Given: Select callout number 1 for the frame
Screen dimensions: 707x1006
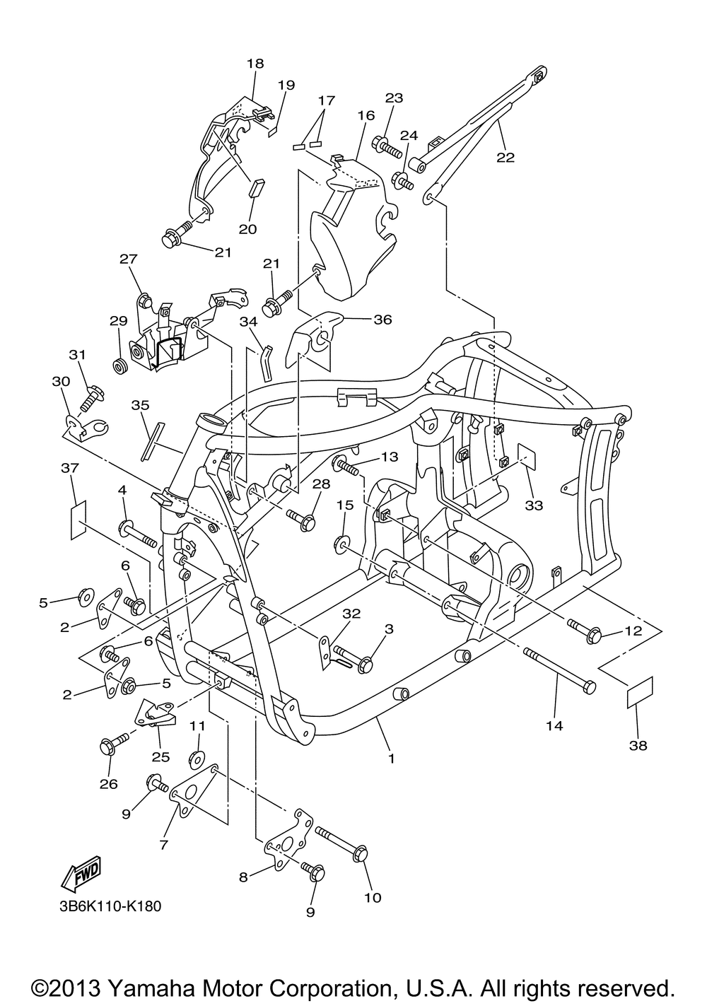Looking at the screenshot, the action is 391,759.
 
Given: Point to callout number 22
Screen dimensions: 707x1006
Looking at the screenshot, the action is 506,158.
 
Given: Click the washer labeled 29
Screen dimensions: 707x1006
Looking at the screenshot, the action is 119,366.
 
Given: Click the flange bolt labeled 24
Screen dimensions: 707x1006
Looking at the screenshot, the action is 402,182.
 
